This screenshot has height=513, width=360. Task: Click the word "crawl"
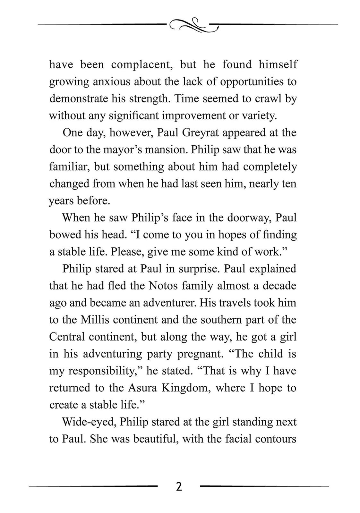(x=268, y=98)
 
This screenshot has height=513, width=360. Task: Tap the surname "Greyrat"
(x=201, y=133)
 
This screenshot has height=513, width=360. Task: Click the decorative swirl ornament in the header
(x=193, y=25)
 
